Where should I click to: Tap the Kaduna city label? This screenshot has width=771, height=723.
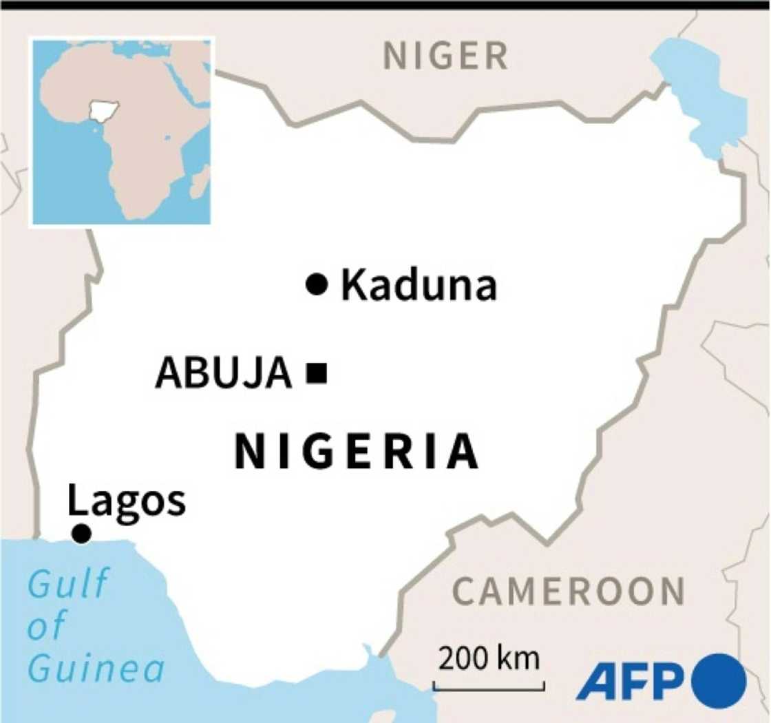coord(419,285)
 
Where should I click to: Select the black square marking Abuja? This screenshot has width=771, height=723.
coord(317,373)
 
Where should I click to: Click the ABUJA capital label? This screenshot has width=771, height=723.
coord(224,374)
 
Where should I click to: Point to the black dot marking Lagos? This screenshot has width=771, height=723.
coord(81,533)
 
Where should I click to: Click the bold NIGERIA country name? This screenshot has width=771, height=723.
coord(356,452)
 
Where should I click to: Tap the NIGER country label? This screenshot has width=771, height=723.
coord(445,56)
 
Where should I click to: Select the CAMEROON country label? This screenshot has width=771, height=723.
coord(569,591)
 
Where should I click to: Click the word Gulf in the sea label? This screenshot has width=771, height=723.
coord(67,584)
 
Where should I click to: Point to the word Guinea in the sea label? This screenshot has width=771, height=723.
coord(97,668)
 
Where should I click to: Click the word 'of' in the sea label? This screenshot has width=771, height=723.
coord(47,626)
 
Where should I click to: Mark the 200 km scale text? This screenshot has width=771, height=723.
coord(489,659)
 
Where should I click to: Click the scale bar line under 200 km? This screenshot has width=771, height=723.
coord(489,686)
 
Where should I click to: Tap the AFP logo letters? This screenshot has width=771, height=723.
coord(629,682)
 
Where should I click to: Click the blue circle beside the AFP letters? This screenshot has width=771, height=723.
coord(719,682)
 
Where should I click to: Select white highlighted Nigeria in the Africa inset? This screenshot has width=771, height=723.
coord(105,110)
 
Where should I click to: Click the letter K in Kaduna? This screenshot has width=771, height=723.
coord(353,285)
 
